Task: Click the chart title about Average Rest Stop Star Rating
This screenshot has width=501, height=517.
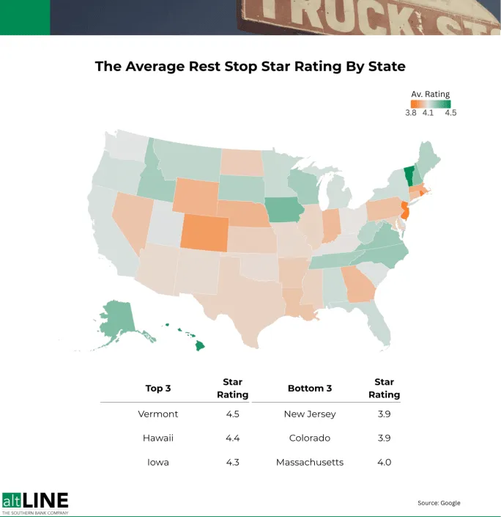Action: coord(250,66)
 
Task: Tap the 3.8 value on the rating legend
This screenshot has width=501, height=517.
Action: coord(411,113)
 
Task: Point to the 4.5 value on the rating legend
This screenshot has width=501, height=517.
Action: coord(450,113)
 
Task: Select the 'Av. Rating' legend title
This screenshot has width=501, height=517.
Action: coord(431,94)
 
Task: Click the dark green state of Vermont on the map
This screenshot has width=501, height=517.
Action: coord(409,177)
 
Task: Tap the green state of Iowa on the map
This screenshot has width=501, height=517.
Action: coord(284,211)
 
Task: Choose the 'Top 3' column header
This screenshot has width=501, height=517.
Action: coord(157,388)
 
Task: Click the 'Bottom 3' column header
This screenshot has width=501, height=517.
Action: coord(309,388)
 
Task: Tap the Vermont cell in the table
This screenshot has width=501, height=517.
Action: coord(157,414)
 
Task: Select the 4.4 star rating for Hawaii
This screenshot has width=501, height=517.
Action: coord(232,438)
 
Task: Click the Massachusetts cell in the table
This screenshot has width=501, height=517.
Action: coord(309,462)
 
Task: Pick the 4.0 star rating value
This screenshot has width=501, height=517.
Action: coord(383,462)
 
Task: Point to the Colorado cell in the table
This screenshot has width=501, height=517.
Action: coord(309,438)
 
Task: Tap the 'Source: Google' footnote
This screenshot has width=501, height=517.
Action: coord(439,502)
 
